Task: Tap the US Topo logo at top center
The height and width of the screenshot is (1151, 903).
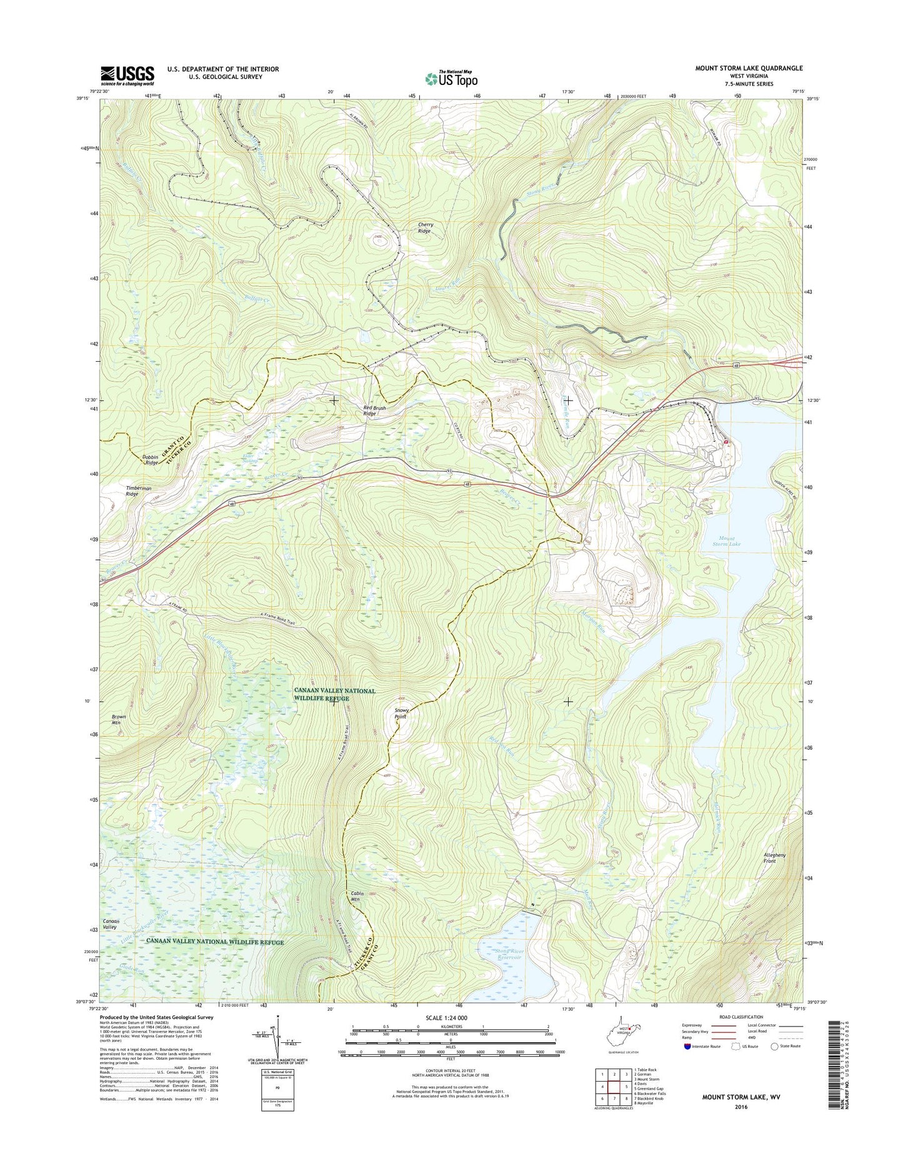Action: (451, 78)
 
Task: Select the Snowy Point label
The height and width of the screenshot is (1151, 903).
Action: (401, 714)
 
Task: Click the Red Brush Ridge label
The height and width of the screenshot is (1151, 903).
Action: (374, 411)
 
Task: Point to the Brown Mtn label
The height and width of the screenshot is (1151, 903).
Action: (119, 720)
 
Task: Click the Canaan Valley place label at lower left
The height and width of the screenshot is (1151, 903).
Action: (111, 924)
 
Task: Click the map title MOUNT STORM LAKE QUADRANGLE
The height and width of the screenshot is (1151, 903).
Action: (749, 68)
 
